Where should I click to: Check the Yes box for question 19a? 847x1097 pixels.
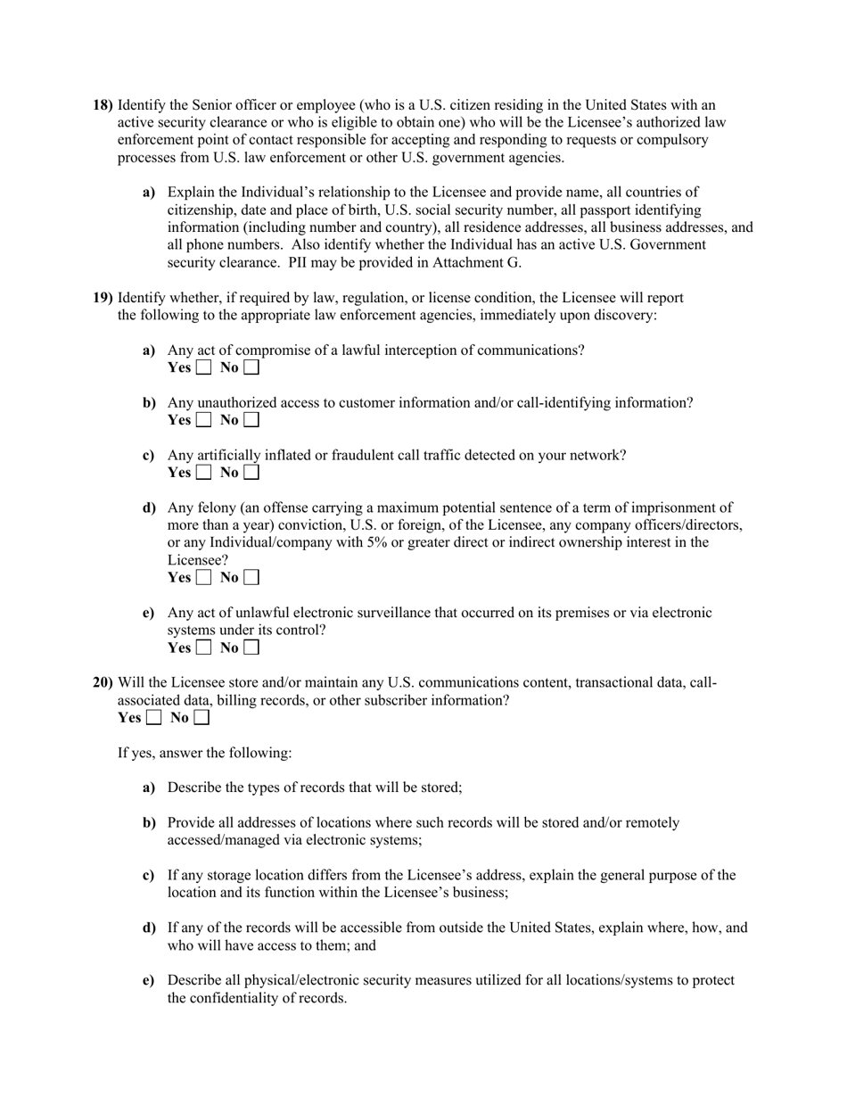point(203,367)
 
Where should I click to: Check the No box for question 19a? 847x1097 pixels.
point(251,367)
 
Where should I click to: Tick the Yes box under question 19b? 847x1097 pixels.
point(203,420)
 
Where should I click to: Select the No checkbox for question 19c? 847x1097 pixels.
point(251,473)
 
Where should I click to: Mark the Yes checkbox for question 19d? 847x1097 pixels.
point(203,578)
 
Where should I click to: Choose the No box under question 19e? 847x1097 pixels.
point(251,648)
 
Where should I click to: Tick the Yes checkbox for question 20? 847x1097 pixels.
point(153,718)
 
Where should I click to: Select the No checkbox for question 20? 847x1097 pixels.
point(201,718)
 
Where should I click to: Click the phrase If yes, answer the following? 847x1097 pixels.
point(204,753)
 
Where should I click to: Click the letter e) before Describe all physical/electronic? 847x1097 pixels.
point(148,980)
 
